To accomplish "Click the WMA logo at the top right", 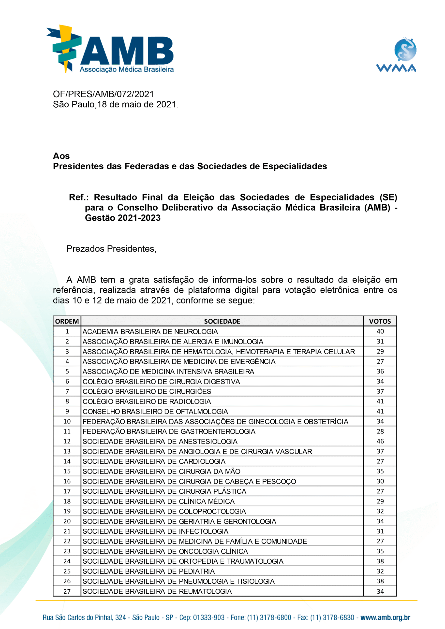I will [396, 55].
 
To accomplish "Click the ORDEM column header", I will [67, 321].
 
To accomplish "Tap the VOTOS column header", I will [380, 321].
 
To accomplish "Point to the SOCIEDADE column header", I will [222, 321].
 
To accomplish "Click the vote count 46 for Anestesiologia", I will [380, 441].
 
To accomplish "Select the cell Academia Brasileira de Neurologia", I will [150, 331].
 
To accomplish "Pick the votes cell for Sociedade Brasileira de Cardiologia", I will [380, 461].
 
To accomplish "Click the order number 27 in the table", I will [67, 591].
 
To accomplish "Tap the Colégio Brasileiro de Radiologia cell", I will [147, 401].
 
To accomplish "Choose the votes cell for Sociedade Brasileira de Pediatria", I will [380, 572].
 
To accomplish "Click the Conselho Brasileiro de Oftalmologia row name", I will [155, 412].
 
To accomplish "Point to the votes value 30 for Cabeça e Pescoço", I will [380, 481].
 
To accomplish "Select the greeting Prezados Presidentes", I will [111, 249].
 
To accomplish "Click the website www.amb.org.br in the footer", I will [385, 617].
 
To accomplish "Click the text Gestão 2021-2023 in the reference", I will [123, 218].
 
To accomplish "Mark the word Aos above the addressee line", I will [61, 156].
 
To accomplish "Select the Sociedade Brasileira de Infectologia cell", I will [155, 531].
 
